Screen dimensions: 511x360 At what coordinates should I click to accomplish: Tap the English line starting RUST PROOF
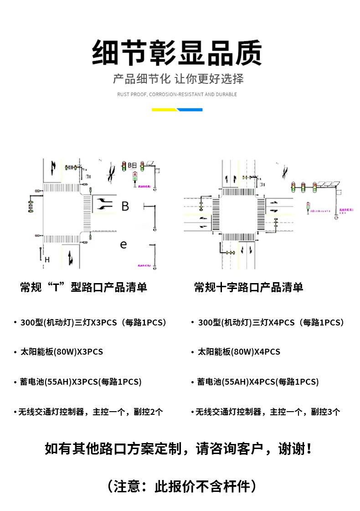point(177,94)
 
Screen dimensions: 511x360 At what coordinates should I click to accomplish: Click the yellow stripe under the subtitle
point(165,109)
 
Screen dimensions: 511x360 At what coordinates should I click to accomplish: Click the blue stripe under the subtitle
point(190,109)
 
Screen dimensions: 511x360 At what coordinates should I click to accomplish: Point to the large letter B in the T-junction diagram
point(125,206)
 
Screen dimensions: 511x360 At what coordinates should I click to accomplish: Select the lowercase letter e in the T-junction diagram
point(123,244)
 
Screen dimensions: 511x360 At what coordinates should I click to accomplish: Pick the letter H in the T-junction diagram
point(47,260)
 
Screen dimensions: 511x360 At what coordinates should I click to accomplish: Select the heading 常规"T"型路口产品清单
point(83,287)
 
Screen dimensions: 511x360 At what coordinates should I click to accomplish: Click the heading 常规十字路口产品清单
point(248,287)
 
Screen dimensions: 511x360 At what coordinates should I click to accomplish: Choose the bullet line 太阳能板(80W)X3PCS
point(62,352)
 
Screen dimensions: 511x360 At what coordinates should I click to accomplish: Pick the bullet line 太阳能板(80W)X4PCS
point(239,352)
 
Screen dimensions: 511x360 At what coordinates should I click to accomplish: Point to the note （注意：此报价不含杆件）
point(181,486)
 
